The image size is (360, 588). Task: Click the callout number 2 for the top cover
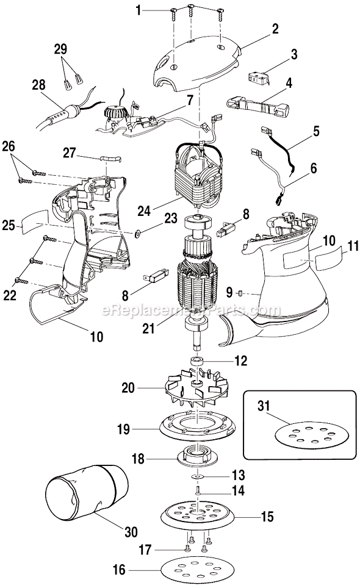(x=275, y=28)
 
